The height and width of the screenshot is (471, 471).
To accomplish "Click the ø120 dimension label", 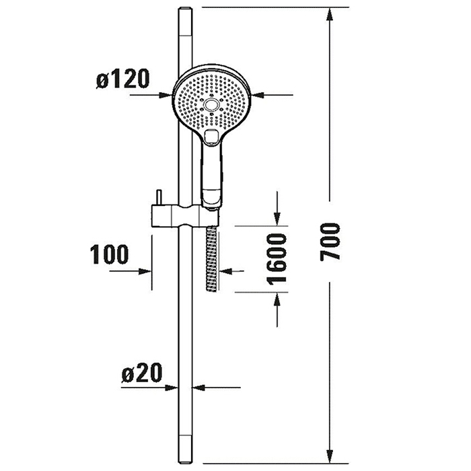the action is pyautogui.click(x=122, y=79).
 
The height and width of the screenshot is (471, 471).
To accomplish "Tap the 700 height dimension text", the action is pyautogui.click(x=330, y=242).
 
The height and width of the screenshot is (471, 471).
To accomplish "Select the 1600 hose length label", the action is pyautogui.click(x=277, y=258).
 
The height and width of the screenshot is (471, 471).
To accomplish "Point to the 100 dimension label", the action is pyautogui.click(x=109, y=254).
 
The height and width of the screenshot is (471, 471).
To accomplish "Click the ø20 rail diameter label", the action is pyautogui.click(x=142, y=373).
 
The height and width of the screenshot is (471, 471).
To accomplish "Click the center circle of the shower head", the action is pyautogui.click(x=211, y=105).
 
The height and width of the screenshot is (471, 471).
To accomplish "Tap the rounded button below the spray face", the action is pyautogui.click(x=211, y=137).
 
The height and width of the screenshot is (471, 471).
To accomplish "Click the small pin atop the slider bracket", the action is pyautogui.click(x=159, y=197).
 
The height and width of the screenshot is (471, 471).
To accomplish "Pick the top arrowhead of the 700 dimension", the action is pyautogui.click(x=330, y=14).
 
